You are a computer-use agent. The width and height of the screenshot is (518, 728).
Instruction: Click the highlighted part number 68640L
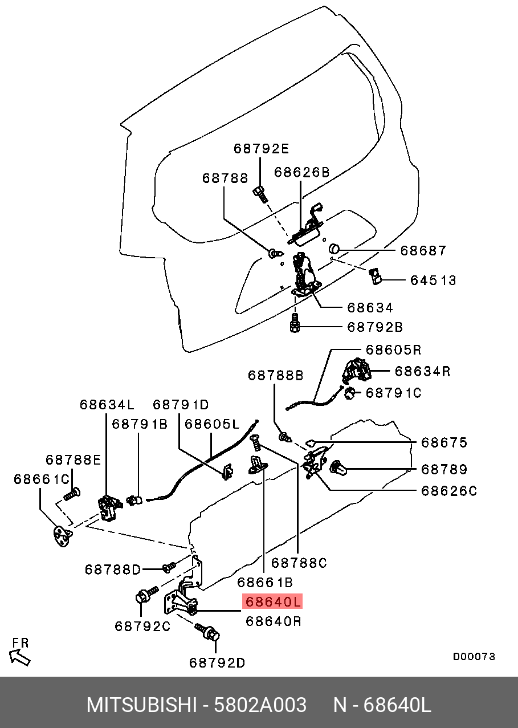click(272, 601)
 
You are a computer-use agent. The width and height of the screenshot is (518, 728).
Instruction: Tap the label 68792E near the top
click(261, 149)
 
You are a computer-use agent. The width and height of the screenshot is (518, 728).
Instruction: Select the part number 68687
click(423, 250)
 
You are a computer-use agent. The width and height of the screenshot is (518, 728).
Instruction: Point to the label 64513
click(434, 280)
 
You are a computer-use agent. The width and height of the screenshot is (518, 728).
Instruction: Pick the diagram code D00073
click(474, 657)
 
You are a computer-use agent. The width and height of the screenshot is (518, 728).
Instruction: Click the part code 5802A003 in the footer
click(260, 705)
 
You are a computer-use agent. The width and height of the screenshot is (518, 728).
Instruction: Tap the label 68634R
click(423, 371)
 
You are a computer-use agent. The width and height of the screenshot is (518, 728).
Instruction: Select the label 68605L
click(212, 424)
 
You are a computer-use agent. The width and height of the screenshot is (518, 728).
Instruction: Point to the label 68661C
click(41, 479)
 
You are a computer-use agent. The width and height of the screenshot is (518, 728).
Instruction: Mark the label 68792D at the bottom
click(217, 662)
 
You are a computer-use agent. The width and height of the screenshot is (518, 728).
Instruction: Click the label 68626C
click(448, 490)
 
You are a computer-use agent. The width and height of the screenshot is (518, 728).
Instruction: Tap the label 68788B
click(275, 375)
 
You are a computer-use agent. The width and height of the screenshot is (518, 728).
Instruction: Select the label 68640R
click(273, 621)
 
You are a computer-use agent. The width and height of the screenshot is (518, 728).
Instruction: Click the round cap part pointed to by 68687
click(335, 249)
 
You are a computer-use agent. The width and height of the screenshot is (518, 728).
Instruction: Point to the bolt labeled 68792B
click(295, 325)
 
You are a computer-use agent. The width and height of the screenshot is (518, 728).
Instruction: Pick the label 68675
click(444, 442)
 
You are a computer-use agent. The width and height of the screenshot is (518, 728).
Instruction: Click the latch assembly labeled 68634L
click(108, 505)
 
